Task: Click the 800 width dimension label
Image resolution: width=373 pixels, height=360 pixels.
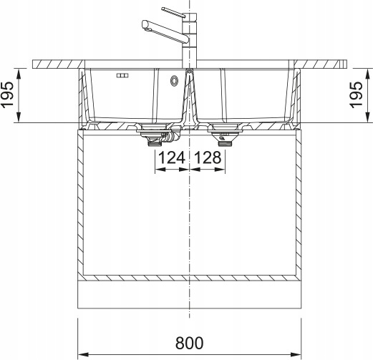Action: click(x=190, y=343)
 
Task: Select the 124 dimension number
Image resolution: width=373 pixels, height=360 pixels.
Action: click(x=172, y=157)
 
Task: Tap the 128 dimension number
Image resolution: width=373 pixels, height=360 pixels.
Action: click(x=208, y=157)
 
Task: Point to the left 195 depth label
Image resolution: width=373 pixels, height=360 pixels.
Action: click(x=7, y=95)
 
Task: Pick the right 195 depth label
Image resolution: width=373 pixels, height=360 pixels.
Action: click(x=356, y=95)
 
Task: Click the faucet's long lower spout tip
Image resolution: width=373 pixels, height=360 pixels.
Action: click(x=145, y=25)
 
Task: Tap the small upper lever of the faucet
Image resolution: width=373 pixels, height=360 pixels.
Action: click(x=173, y=13)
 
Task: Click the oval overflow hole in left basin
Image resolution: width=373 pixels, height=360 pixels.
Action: click(x=174, y=81)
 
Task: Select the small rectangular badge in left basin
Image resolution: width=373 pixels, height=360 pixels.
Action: click(x=122, y=76)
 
